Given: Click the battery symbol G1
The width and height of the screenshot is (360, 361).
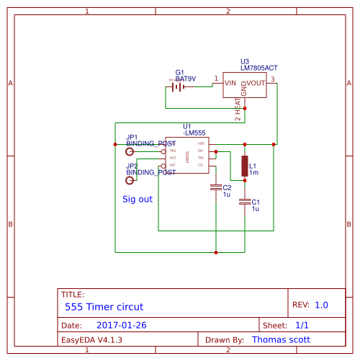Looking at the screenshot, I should click(178, 87).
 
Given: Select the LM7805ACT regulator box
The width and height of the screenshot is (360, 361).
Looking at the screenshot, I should click(245, 84).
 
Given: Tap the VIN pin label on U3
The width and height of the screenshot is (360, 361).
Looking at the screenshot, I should click(230, 84).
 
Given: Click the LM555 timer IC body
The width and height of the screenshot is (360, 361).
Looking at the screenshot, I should click(187, 156).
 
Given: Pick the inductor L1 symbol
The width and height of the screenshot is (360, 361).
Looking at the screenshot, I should click(245, 166).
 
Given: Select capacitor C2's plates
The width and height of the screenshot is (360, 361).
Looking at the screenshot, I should click(216, 188).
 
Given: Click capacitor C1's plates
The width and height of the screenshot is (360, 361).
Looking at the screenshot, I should click(245, 202).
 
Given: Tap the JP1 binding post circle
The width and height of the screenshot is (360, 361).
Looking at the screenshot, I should click(130, 152).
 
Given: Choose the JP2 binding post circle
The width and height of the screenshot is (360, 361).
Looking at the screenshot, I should click(130, 180).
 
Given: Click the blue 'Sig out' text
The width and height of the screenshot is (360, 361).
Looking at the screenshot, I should click(138, 199).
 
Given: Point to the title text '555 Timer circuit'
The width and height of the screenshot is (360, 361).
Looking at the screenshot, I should click(104, 306).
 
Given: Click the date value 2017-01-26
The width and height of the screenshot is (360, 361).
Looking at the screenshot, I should click(121, 326).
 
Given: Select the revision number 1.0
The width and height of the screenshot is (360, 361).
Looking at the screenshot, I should click(320, 306).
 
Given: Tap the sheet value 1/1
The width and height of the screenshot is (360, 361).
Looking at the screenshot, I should click(302, 326).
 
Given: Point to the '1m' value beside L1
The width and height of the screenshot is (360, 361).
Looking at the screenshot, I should click(253, 173).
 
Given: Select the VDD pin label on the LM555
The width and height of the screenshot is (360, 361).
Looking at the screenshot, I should click(201, 143).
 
